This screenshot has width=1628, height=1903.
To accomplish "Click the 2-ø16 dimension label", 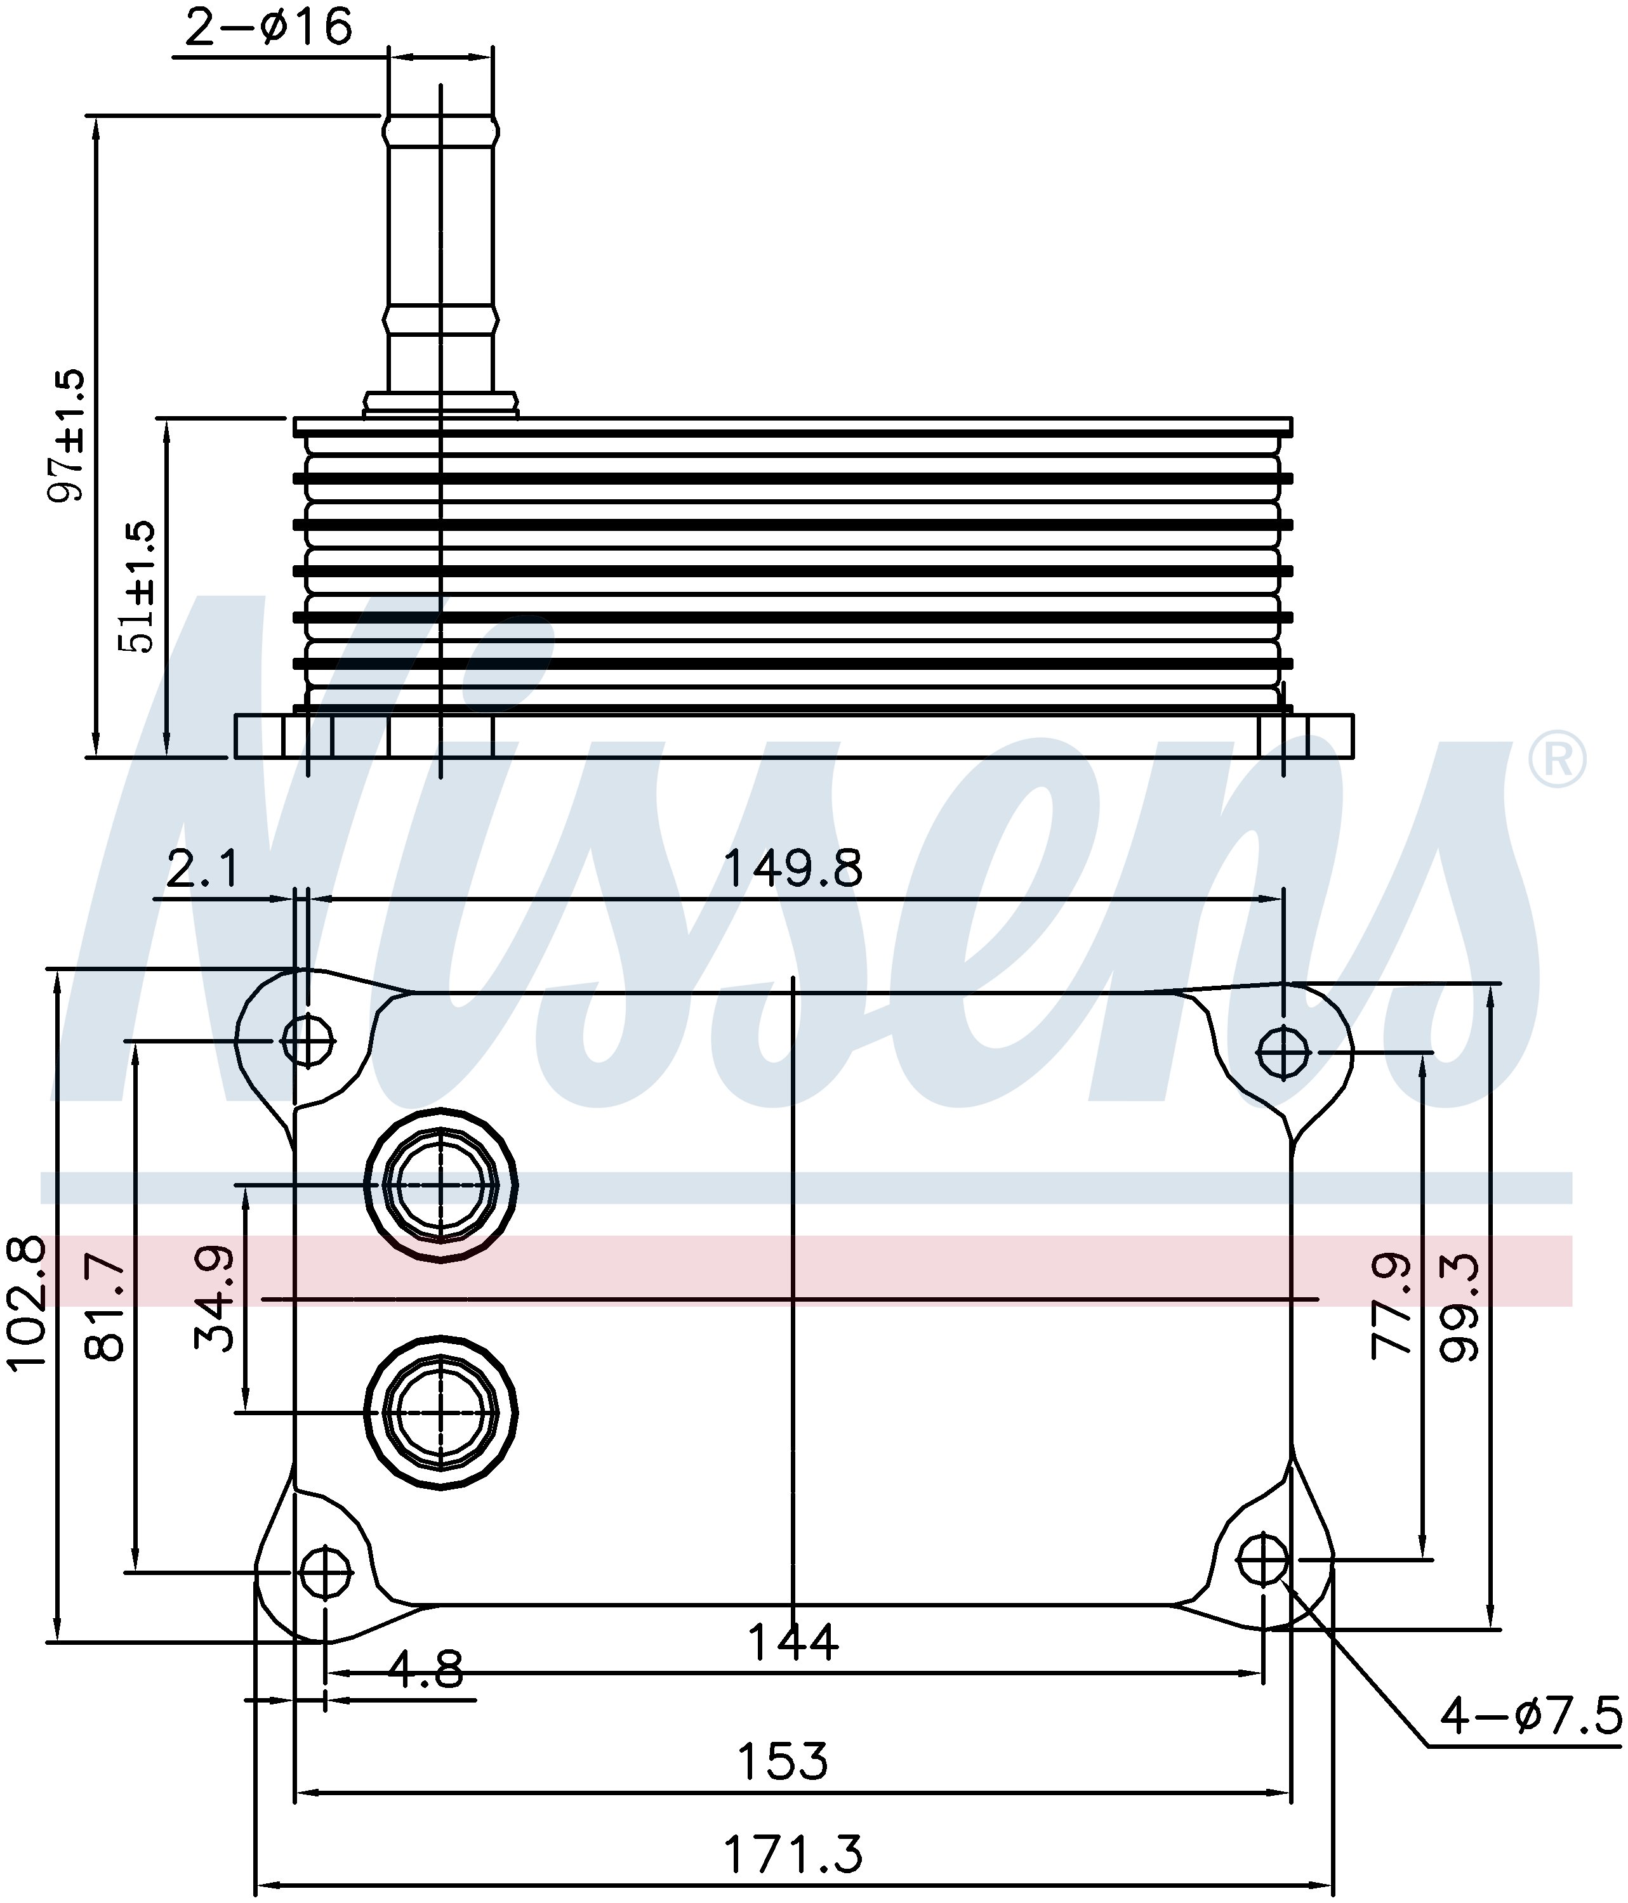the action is [268, 27].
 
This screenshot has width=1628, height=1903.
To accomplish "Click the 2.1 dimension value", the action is [201, 868].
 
